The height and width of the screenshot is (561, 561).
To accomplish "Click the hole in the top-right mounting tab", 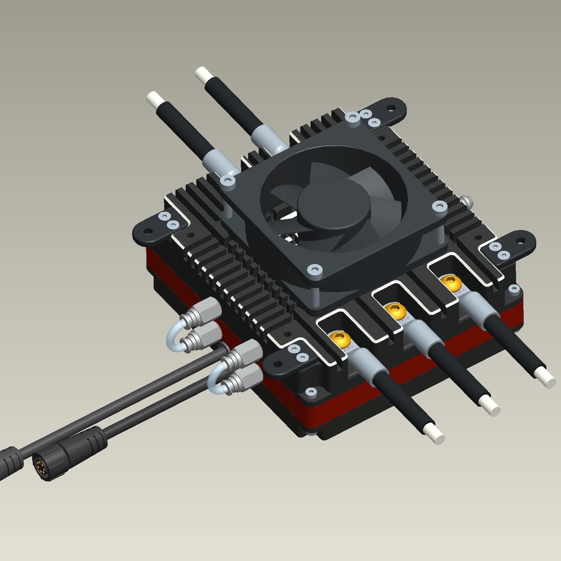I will coord(390,108).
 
